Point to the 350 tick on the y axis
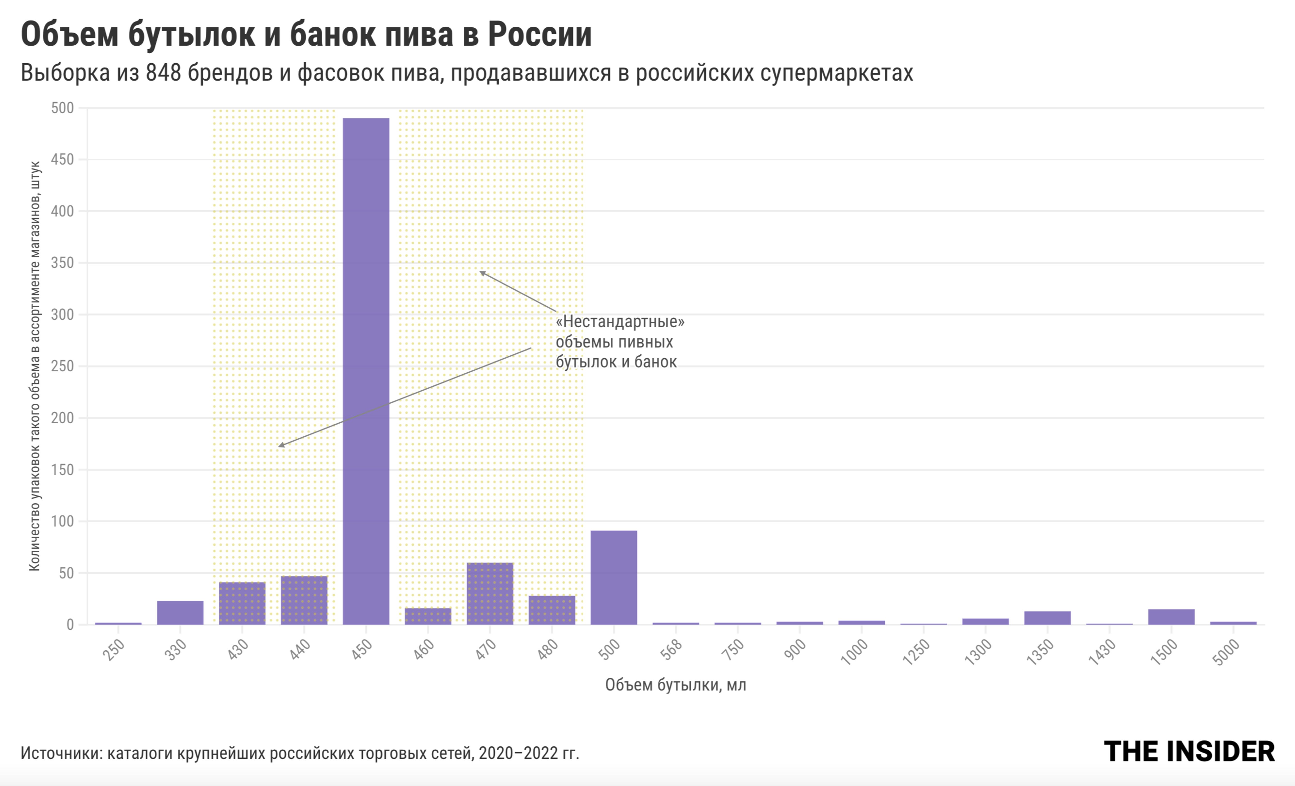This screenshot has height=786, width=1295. coord(63,263)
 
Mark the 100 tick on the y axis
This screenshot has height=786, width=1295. coord(63,522)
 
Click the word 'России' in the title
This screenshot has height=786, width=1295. coord(540,35)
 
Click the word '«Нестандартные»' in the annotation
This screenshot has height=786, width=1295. coord(620,321)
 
